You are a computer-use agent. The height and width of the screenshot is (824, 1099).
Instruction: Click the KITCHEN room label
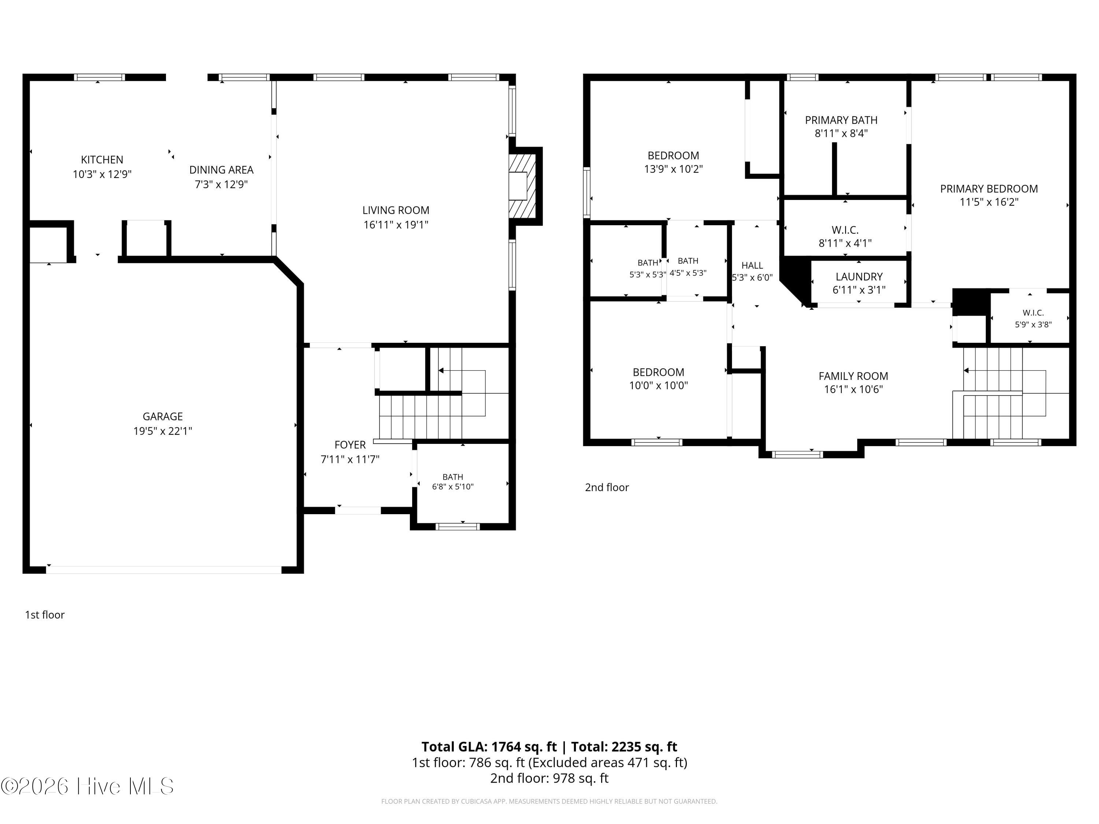[102, 159]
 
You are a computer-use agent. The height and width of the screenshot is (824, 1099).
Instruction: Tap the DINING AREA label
[221, 170]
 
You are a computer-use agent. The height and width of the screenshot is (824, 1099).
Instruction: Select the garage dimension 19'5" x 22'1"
[162, 431]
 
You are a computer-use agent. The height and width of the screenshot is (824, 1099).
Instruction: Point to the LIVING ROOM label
[396, 210]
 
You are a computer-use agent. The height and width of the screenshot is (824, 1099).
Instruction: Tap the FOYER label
[350, 445]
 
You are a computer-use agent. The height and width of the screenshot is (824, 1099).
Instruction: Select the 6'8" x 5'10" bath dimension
[453, 486]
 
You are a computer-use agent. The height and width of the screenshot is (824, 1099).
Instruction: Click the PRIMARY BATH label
[841, 120]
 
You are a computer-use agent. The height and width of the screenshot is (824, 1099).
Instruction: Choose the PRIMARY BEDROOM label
[989, 189]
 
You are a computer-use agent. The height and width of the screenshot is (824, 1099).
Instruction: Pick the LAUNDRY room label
[859, 276]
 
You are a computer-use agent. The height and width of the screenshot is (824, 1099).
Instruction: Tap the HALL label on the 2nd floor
[752, 265]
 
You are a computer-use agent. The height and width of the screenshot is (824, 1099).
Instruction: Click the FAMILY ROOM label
[853, 376]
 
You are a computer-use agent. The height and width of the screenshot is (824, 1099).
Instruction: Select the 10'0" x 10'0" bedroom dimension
[658, 385]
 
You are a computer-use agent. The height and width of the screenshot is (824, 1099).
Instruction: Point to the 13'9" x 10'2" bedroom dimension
[673, 169]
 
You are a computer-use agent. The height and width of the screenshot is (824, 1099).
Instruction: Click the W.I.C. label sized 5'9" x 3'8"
[1033, 313]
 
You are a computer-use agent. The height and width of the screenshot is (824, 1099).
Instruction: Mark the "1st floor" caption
[45, 615]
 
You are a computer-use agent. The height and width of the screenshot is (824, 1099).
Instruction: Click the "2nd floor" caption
[607, 487]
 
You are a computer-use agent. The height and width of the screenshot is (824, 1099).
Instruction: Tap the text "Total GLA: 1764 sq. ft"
[489, 746]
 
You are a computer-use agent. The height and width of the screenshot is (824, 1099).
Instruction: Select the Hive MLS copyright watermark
[88, 786]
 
